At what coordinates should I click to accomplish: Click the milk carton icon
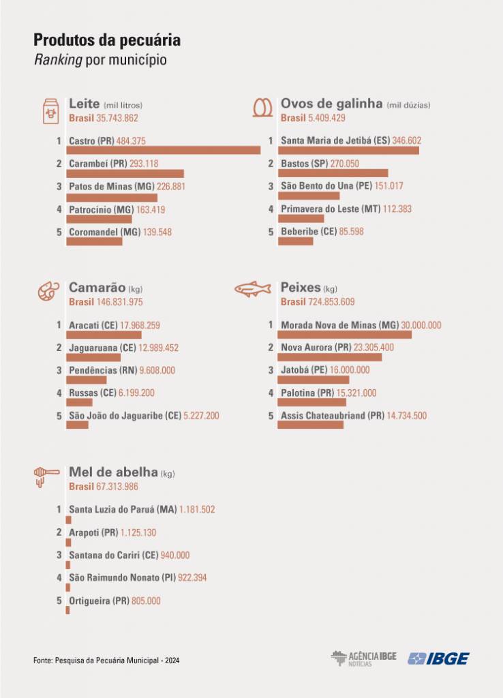[49, 110]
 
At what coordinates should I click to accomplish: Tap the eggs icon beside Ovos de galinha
[261, 108]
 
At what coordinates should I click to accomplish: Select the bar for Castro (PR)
[163, 150]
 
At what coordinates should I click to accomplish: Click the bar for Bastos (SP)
[333, 173]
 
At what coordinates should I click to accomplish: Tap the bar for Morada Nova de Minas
[344, 335]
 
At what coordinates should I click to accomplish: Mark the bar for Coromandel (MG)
[94, 241]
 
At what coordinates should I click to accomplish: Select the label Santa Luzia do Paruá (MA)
[113, 509]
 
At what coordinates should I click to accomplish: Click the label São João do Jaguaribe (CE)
[125, 416]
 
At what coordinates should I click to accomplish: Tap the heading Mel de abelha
[113, 472]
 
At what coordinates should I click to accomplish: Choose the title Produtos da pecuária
[107, 40]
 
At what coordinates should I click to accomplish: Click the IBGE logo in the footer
[438, 658]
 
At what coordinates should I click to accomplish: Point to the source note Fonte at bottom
[106, 661]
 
